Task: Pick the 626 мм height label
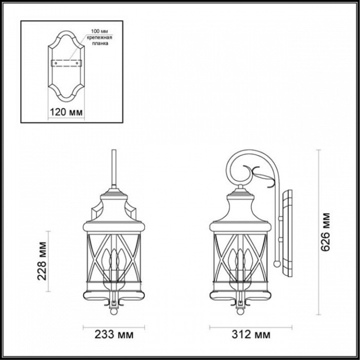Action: [x=326, y=233]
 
